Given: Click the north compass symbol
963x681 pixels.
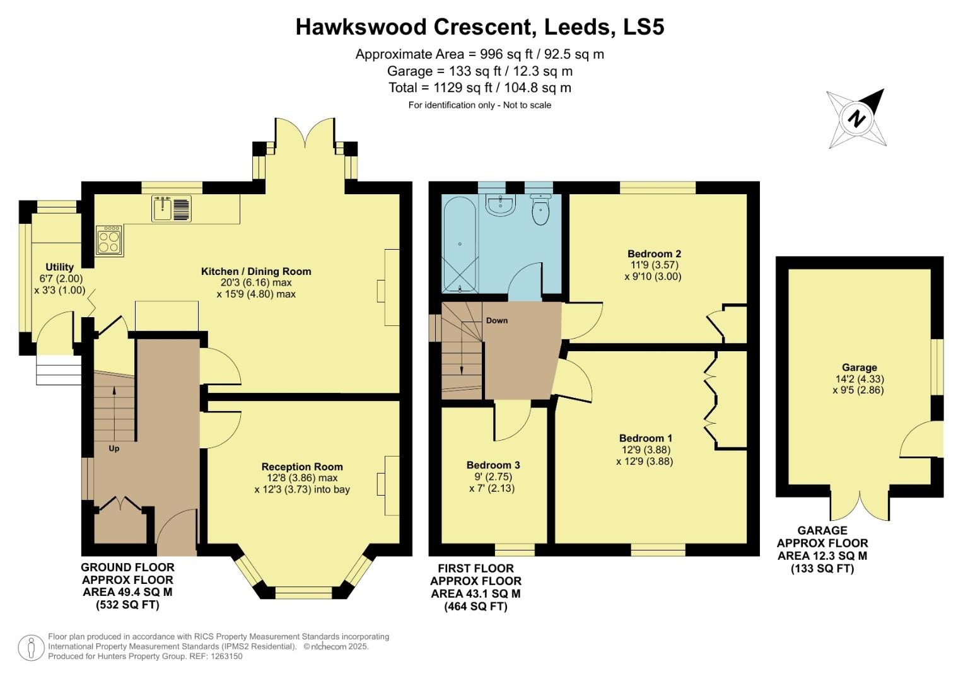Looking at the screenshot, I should [856, 119].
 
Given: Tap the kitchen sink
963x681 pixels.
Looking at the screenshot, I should [172, 209].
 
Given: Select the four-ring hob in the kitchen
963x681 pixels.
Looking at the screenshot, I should [108, 240].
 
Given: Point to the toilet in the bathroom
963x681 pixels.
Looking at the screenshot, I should [541, 210].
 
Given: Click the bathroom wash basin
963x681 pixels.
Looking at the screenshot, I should [501, 203].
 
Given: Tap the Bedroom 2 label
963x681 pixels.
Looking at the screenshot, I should [654, 254].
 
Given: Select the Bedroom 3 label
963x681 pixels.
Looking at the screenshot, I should [493, 465].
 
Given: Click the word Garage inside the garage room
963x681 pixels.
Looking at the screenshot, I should [859, 368].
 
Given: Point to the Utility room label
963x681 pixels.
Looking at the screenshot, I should [59, 267].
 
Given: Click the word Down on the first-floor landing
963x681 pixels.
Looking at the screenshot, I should [497, 320].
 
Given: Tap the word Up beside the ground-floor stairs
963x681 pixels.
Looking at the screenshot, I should [114, 449].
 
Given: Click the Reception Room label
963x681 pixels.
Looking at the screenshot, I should [302, 467].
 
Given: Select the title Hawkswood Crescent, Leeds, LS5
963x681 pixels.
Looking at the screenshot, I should [480, 27].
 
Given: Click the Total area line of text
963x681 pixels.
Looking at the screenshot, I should [480, 88].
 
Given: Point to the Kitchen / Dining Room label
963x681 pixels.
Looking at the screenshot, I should [256, 272].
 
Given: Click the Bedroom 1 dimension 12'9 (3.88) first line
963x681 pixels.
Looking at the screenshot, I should [645, 450].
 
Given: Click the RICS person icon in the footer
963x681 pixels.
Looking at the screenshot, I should [30, 648].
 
